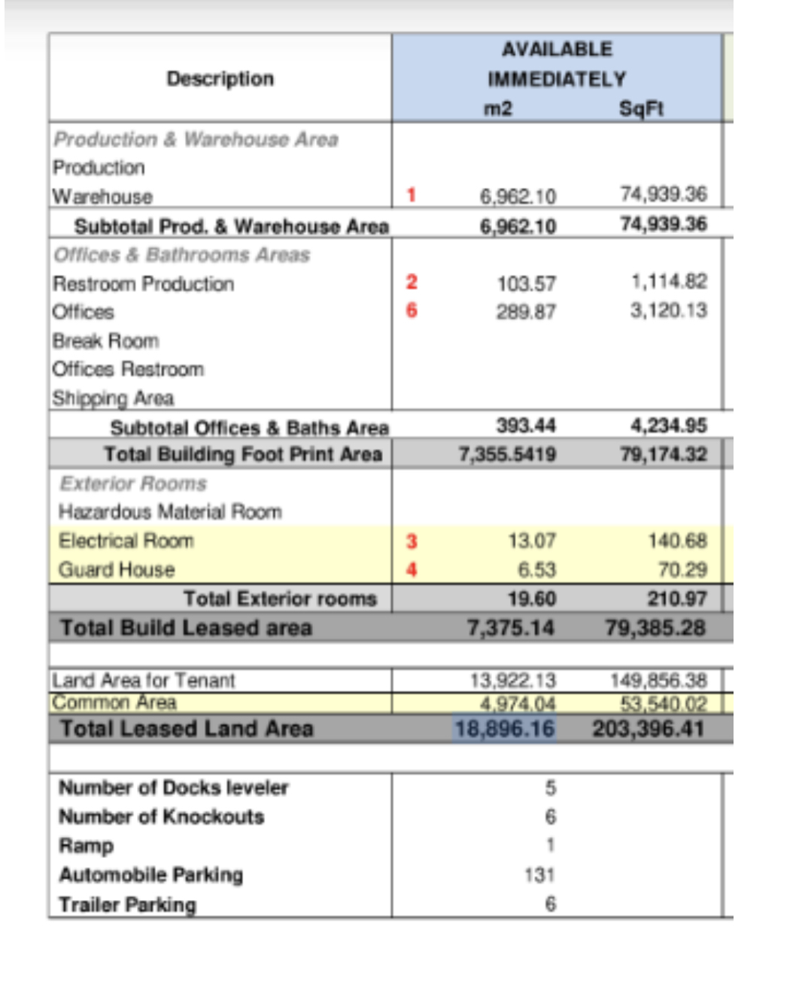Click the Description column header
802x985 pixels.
coord(220,78)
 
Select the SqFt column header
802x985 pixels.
coord(641,109)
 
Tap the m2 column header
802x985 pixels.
coord(497,109)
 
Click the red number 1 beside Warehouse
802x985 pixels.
coord(412,195)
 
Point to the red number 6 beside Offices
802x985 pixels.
coord(412,310)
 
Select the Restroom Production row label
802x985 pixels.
coord(143,283)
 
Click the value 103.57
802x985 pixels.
coord(526,283)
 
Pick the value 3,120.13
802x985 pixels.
coord(668,310)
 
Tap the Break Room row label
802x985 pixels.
coord(105,341)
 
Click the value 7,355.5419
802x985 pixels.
coord(507,454)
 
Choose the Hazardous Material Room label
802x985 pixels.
coord(170,511)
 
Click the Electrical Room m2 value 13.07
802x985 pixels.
coord(531,541)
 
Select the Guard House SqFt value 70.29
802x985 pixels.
coord(682,569)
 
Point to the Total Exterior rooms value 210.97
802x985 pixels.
coord(676,599)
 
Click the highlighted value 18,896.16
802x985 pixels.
coord(504,729)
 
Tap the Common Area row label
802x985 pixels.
coord(114,702)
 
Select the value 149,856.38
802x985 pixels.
coord(658,680)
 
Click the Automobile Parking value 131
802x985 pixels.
coord(539,874)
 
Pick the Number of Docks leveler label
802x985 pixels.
coord(173,787)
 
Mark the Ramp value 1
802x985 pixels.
coord(550,845)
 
